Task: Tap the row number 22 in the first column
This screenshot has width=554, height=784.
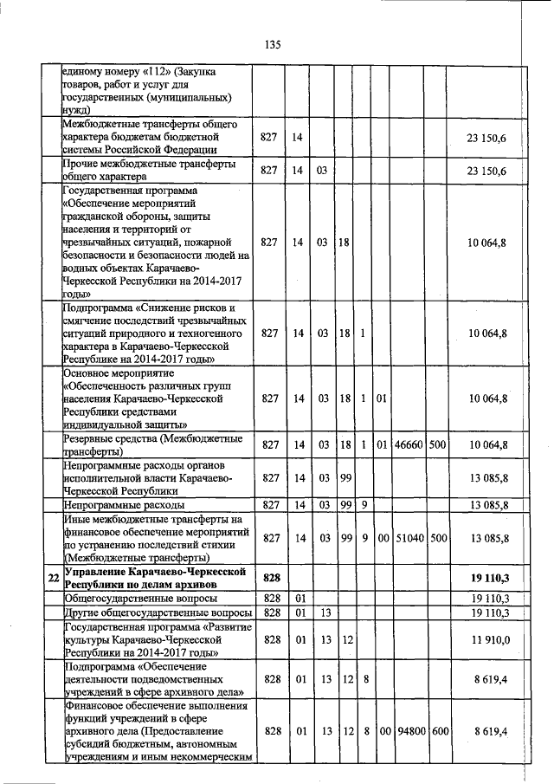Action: tap(54, 577)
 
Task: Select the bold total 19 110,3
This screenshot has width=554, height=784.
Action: tap(488, 577)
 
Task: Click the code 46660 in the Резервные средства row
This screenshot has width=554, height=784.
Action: tap(408, 444)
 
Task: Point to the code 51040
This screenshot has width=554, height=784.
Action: tap(408, 538)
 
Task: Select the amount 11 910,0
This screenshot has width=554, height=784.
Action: tap(489, 640)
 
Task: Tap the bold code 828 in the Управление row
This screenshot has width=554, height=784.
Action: tap(273, 577)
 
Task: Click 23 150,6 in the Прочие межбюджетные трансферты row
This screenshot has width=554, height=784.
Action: tap(487, 171)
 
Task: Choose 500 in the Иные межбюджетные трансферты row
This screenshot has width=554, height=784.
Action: tap(438, 538)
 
